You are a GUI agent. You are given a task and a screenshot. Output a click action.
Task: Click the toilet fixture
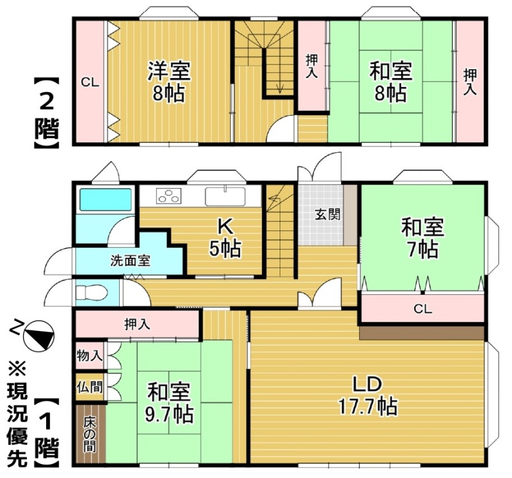[92, 292]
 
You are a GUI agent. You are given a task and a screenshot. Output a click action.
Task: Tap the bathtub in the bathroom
[106, 200]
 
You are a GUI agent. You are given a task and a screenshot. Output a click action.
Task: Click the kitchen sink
[225, 196]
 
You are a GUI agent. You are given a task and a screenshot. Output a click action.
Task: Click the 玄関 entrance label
[328, 214]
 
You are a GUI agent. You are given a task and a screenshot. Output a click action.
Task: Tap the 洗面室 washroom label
[131, 261]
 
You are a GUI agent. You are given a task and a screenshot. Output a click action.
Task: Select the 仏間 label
[90, 388]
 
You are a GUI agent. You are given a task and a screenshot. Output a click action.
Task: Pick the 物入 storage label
[90, 356]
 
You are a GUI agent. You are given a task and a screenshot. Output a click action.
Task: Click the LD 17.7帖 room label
[367, 395]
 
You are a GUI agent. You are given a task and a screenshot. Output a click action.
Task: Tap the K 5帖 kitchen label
[225, 237]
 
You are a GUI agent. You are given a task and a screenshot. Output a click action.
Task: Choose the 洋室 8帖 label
[168, 82]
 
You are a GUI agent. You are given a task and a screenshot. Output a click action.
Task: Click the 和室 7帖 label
[422, 238]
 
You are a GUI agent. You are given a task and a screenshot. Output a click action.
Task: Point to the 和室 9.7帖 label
[170, 403]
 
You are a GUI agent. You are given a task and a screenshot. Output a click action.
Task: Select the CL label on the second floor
[90, 83]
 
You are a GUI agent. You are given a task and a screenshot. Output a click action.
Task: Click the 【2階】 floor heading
[47, 113]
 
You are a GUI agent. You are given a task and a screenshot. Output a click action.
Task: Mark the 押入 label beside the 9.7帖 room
[137, 324]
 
